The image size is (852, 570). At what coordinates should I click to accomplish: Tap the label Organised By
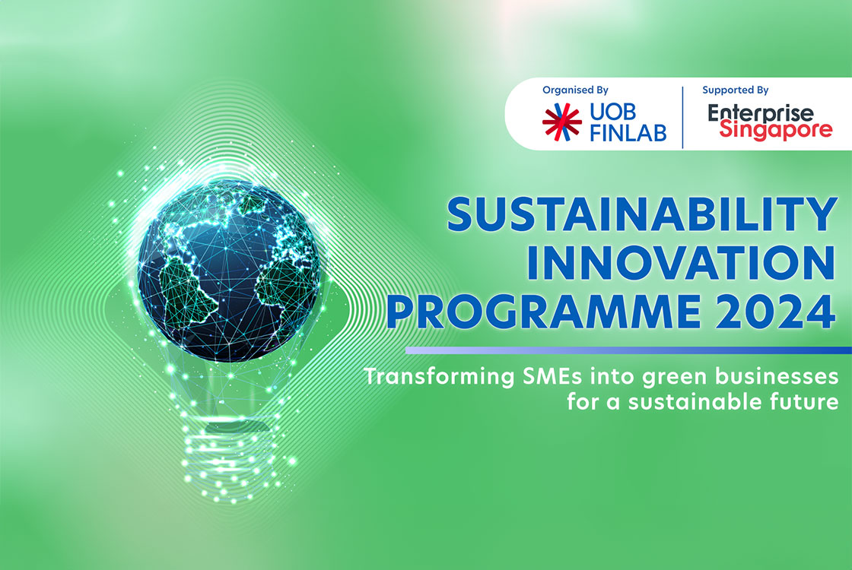575,90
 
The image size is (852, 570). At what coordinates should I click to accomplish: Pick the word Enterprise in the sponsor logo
760,113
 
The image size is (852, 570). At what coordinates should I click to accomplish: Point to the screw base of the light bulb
227,464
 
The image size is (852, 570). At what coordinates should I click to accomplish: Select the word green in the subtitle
672,377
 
